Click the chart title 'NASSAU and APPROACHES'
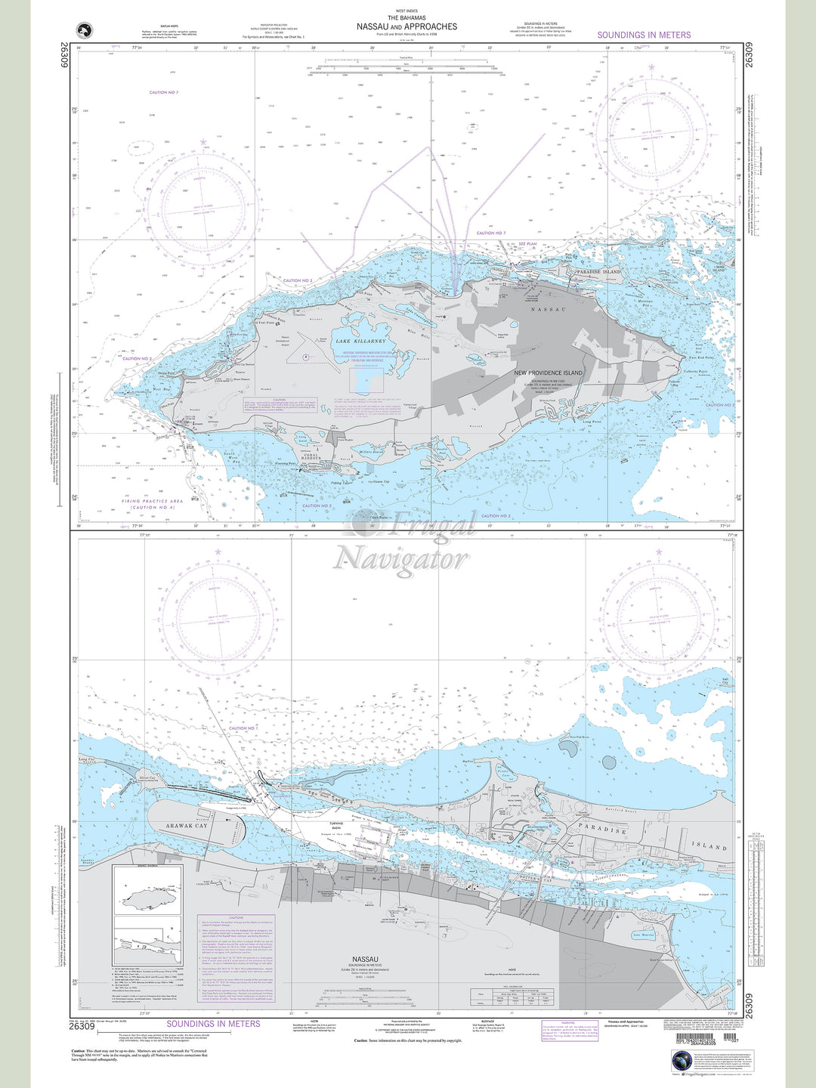pyautogui.click(x=406, y=26)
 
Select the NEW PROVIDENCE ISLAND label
pyautogui.click(x=549, y=373)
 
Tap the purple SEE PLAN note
pyautogui.click(x=527, y=244)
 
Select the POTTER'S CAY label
pyautogui.click(x=537, y=881)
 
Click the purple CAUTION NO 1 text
pyautogui.click(x=243, y=728)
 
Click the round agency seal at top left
pyautogui.click(x=85, y=30)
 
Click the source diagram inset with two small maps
pyautogui.click(x=147, y=914)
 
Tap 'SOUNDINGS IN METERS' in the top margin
pyautogui.click(x=644, y=35)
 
